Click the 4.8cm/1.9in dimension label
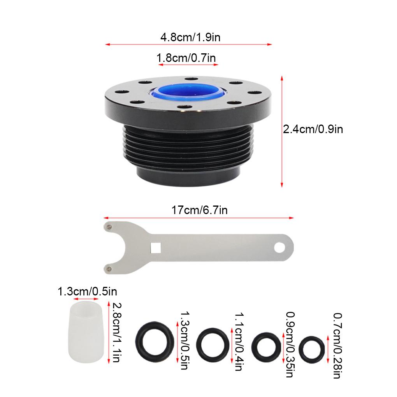tap(190, 37)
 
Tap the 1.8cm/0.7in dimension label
tap(186, 58)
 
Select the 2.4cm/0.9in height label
tap(313, 129)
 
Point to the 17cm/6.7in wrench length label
tap(200, 210)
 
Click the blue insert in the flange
tap(188, 93)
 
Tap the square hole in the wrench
tap(155, 248)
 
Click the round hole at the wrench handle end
tap(279, 248)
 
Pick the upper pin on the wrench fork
tap(109, 227)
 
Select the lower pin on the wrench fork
tap(109, 269)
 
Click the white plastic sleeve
tap(86, 332)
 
